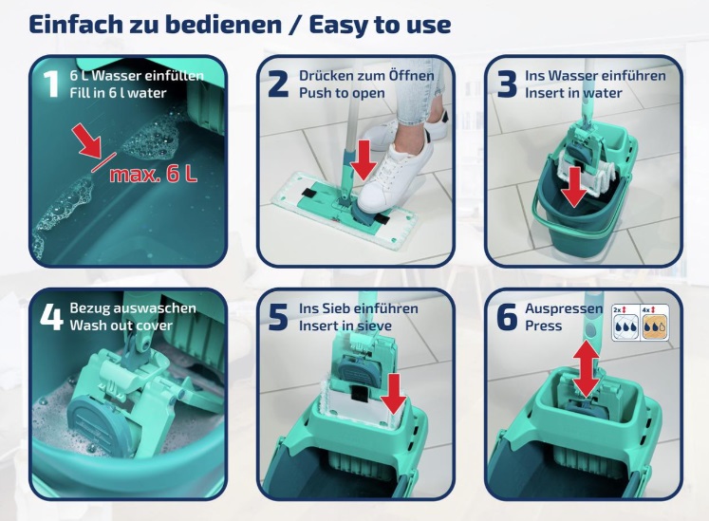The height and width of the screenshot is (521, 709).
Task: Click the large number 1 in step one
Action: (x=51, y=84)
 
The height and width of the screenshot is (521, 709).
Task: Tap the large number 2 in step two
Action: (x=278, y=84)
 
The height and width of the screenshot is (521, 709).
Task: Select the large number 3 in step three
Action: (x=507, y=84)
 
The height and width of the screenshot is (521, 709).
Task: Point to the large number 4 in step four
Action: (x=51, y=317)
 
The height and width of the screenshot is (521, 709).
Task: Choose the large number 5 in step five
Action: (x=278, y=317)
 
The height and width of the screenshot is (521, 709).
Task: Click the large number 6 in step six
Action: (x=507, y=317)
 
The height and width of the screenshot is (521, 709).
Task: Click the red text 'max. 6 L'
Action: (x=154, y=174)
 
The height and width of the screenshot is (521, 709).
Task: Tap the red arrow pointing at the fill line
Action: (x=88, y=141)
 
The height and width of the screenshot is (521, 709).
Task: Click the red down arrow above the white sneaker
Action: (x=364, y=159)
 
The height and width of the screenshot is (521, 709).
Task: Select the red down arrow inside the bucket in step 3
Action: (x=574, y=187)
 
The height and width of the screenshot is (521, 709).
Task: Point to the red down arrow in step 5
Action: (x=394, y=394)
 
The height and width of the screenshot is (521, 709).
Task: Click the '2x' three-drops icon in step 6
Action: (x=625, y=323)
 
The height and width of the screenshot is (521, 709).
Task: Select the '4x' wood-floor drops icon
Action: (x=655, y=323)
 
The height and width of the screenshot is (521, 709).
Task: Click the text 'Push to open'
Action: (x=342, y=93)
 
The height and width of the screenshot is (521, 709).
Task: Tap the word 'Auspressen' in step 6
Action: (x=564, y=308)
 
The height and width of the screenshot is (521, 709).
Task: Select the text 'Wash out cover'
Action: (x=121, y=326)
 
